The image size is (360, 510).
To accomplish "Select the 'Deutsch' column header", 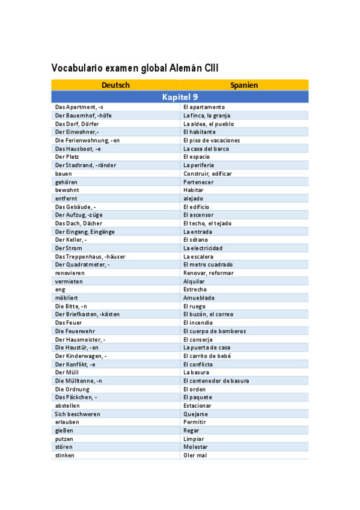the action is point(115,85).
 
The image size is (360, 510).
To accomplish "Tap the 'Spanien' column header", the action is point(244,85).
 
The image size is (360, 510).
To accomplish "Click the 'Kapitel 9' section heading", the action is point(180,97).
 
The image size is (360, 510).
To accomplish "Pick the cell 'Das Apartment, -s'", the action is point(79,107).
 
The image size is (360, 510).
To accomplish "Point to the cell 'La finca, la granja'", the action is point(207,115).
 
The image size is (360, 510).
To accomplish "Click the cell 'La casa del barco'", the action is point(206,149).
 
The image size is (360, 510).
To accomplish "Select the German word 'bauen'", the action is point(64,173).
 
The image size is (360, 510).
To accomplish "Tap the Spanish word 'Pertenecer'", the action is point(198,182).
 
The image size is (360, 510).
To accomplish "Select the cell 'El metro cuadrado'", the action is point(208,265).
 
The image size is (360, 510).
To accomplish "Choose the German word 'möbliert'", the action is point(67,298).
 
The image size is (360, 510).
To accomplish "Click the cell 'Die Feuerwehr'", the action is point(75,331).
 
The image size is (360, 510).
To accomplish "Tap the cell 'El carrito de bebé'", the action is point(207,355).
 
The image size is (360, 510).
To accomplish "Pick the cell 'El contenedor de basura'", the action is point(216,381).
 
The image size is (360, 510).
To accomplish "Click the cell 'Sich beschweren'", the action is point(78,414).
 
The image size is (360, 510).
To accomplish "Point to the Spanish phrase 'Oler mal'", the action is point(195,455).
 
